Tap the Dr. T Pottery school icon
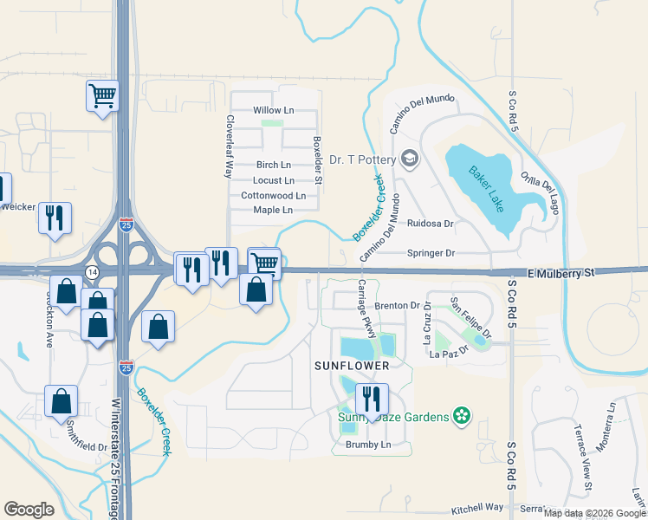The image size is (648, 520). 410,159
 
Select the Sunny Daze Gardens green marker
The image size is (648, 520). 463,417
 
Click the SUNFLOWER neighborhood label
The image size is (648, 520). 351,366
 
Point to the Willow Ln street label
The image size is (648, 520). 274,111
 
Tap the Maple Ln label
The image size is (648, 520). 272,210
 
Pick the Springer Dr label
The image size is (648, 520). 431,253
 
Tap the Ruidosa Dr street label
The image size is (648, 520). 431,224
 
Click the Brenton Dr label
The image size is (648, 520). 398,306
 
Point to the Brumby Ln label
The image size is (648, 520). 368,445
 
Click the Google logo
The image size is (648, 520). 29,510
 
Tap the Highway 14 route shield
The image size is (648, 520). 91,272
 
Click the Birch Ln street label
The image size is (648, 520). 274,165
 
